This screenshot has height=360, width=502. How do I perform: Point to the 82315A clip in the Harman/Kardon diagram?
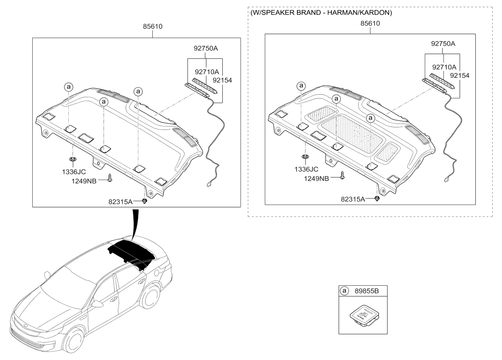(x=377, y=199)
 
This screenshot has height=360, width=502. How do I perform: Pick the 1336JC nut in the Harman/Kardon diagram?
(x=305, y=157)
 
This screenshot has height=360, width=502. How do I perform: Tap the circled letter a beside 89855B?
(x=345, y=291)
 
